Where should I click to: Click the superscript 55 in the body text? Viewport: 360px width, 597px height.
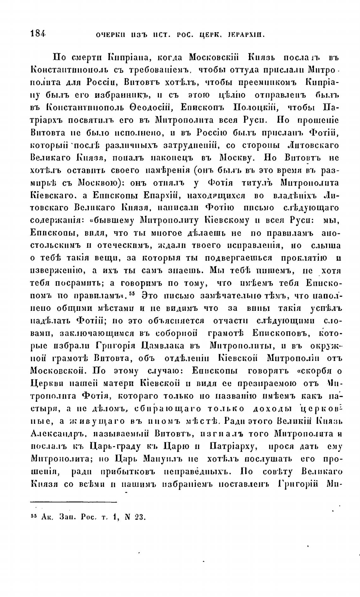[132, 293]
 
